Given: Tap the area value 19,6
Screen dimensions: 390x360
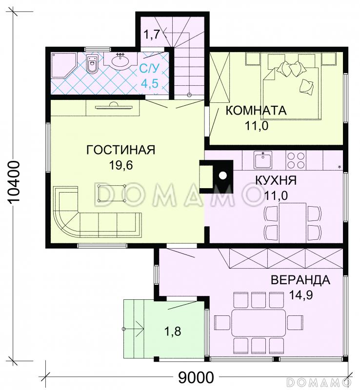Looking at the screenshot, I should (x=121, y=165).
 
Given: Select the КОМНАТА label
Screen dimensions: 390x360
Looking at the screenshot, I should (x=256, y=110).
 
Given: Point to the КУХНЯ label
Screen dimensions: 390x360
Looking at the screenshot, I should (x=276, y=180).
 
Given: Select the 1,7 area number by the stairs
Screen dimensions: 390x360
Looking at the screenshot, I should (x=152, y=35).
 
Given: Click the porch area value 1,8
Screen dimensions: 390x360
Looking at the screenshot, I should (x=173, y=332).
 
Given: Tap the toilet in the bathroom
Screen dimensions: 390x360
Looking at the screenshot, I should (x=92, y=64).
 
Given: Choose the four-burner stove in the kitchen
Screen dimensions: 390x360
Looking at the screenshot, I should (x=296, y=160).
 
